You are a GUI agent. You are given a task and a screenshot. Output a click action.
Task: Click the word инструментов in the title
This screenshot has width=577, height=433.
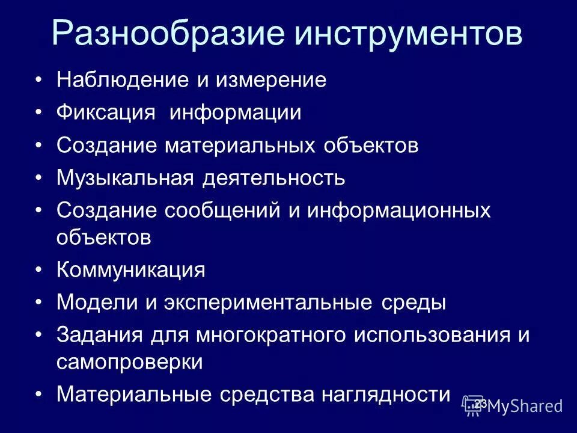click(408, 35)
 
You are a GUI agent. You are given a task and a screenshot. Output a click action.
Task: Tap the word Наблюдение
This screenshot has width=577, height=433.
click(122, 81)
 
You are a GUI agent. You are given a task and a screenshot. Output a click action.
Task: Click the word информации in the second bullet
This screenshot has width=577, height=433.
click(235, 113)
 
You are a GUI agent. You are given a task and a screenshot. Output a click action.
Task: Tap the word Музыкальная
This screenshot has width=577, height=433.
click(124, 178)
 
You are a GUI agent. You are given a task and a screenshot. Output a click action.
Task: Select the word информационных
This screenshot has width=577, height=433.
click(399, 210)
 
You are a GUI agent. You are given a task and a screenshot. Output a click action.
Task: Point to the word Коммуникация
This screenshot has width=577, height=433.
click(131, 269)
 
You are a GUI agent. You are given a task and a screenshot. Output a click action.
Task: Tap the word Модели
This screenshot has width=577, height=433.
click(97, 302)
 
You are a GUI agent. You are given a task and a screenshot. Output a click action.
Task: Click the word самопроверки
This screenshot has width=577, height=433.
click(129, 363)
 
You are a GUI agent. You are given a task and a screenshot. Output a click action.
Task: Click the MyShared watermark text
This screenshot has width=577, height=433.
click(525, 406)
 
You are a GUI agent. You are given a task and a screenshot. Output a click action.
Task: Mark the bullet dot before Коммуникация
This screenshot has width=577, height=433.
click(39, 269)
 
